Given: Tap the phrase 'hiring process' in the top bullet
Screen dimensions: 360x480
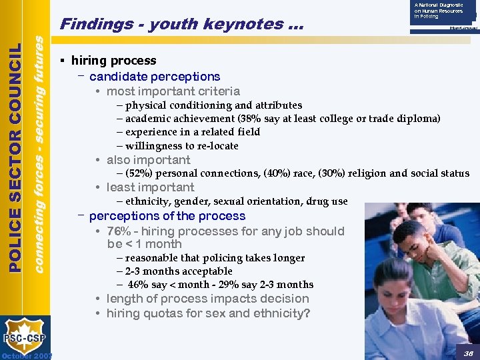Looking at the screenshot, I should pyautogui.click(x=114, y=61).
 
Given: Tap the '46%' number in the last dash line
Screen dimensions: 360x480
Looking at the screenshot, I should pyautogui.click(x=139, y=285).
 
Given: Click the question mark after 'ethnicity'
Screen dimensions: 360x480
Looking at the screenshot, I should pyautogui.click(x=307, y=313).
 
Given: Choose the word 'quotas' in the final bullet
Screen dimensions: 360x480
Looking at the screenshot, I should pyautogui.click(x=161, y=313).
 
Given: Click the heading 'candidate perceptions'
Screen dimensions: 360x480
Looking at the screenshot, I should pyautogui.click(x=155, y=77).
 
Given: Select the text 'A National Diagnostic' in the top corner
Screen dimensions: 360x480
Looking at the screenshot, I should pyautogui.click(x=438, y=5).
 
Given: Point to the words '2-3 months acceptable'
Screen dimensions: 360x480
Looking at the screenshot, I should pyautogui.click(x=179, y=271).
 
